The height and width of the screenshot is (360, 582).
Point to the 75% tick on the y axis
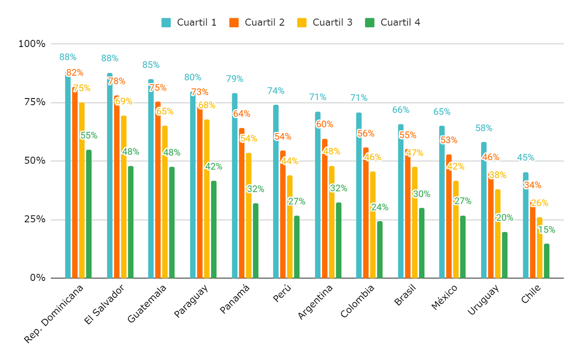click(x=32, y=102)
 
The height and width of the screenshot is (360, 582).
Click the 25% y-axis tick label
click(x=32, y=219)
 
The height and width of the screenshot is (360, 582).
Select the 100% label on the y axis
click(x=32, y=44)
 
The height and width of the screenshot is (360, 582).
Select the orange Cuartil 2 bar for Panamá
click(x=242, y=203)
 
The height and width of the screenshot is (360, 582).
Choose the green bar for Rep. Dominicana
click(x=89, y=214)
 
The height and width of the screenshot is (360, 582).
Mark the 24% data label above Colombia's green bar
click(x=379, y=207)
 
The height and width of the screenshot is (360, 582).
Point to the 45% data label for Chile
click(x=525, y=158)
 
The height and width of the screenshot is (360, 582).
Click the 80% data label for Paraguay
click(x=193, y=77)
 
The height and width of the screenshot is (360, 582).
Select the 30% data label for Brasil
click(x=421, y=194)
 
